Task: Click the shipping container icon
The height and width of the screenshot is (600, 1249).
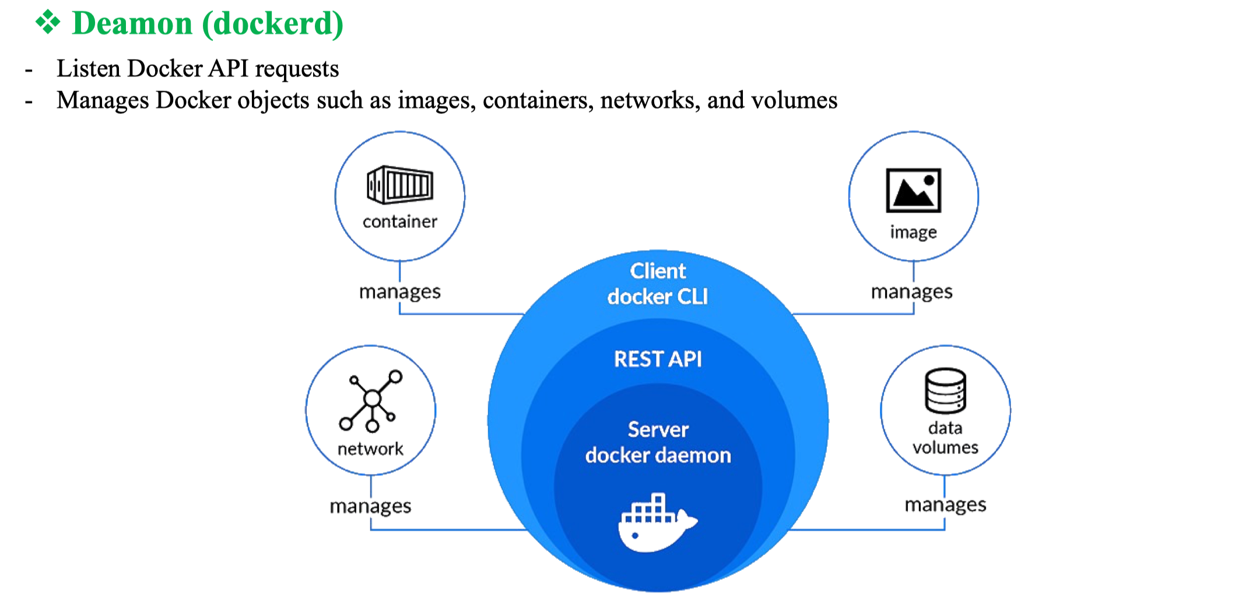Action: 400,184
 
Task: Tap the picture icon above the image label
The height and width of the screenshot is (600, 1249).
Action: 913,190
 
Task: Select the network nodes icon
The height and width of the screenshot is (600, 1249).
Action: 371,401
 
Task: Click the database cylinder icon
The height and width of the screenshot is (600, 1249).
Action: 945,390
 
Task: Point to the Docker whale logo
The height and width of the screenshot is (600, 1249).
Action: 657,522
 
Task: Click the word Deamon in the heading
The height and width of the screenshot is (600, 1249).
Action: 132,24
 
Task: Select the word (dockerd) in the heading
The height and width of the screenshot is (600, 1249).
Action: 272,24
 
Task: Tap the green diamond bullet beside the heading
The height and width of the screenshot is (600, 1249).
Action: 48,22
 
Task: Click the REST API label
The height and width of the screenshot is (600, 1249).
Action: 658,359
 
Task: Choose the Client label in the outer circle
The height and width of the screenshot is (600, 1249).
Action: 658,271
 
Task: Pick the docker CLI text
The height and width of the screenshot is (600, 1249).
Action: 658,296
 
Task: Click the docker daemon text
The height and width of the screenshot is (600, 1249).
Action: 658,455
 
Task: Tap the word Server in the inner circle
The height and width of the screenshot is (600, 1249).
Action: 658,430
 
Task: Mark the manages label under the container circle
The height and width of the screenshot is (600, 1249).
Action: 399,291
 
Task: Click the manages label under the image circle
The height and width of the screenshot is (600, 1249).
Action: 911,291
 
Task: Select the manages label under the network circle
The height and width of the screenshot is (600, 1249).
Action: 370,506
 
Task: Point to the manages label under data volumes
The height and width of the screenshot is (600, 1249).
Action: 945,504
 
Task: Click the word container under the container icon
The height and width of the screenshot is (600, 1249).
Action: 399,222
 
